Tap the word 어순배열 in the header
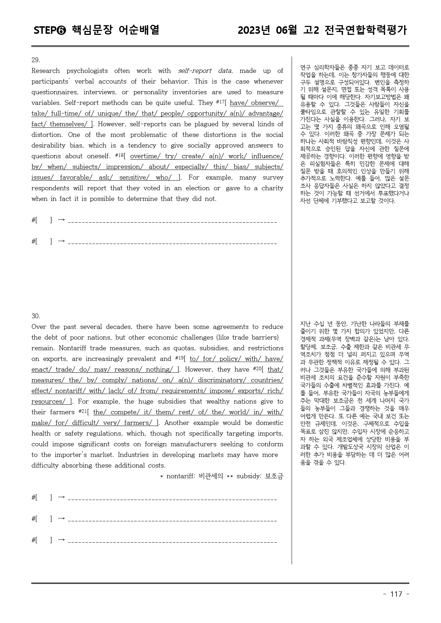coord(139,30)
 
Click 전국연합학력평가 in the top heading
coord(366,30)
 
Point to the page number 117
coord(396,594)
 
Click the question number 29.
coord(36,60)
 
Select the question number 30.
coord(36,316)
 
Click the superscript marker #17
coord(220,102)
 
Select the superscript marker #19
coord(179,358)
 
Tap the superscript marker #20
coord(257,369)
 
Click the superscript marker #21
coord(83,411)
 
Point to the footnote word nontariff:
coord(181,476)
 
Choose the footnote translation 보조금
coord(274,476)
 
